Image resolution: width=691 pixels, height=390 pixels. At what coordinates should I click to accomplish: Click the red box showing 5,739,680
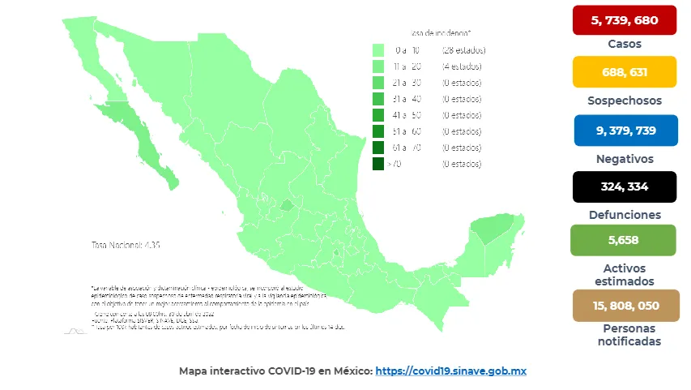coord(624,20)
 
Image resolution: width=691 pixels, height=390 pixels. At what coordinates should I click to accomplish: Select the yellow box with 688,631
coord(624,72)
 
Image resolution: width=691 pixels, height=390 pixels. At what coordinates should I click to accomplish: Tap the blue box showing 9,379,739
coord(624,130)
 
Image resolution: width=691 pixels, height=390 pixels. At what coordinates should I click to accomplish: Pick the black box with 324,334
coord(624,187)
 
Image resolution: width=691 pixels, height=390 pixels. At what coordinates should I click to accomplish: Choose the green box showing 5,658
coord(624,240)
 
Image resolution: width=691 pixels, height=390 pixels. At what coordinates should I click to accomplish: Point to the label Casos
coord(624,44)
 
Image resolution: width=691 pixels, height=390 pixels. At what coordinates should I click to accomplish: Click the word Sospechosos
coord(624,101)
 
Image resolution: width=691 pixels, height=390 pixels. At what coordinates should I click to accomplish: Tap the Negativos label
coord(624,158)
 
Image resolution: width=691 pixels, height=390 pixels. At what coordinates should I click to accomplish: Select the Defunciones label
coord(624,215)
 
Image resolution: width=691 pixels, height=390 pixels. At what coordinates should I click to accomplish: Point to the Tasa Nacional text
coord(125,244)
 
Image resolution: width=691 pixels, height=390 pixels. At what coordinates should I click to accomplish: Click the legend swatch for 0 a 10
coord(378,50)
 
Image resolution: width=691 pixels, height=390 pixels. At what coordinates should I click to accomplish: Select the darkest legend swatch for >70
coord(378,164)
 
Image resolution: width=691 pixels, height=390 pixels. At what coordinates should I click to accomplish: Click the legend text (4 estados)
coord(461,66)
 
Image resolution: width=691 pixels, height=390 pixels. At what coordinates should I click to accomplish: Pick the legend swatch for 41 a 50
coord(378,115)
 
